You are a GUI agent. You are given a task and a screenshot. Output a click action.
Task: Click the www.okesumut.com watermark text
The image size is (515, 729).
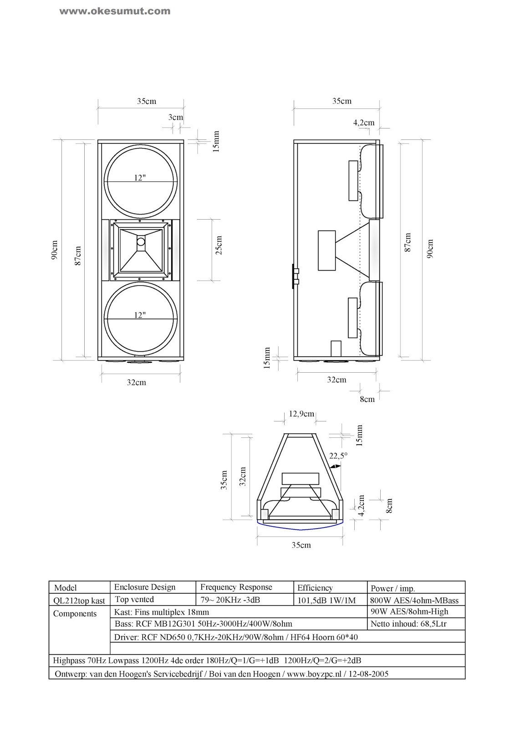pos(115,11)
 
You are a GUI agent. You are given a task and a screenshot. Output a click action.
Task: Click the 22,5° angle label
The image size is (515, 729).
pos(338,455)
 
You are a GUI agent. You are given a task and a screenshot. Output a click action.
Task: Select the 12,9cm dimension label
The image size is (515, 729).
pos(301,414)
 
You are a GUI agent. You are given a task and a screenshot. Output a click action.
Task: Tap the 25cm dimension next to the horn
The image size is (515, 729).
pos(219,245)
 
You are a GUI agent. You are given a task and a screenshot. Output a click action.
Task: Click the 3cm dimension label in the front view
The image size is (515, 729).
pos(175,117)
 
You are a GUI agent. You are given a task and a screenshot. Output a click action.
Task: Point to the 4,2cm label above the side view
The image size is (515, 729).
pos(364,122)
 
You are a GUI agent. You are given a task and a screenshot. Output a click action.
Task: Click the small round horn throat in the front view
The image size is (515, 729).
pos(141,242)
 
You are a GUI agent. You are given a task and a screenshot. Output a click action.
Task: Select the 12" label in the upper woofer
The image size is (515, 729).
pos(140,178)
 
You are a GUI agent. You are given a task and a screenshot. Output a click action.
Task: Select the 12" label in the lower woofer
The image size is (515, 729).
pos(140,315)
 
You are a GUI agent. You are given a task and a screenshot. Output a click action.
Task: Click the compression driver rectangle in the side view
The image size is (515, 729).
pos(326,251)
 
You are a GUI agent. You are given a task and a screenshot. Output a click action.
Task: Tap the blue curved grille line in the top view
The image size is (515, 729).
pos(301,528)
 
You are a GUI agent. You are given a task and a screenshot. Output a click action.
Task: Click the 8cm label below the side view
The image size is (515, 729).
pos(367,399)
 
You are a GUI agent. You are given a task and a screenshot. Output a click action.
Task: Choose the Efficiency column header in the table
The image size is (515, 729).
pos(315,588)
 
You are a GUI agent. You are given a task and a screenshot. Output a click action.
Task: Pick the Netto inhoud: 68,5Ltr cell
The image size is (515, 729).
pos(408,624)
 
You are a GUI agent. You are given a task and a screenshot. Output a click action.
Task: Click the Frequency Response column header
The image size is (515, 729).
pos(236,587)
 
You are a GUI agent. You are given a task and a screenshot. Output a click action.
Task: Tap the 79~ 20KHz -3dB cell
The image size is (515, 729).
pos(230,600)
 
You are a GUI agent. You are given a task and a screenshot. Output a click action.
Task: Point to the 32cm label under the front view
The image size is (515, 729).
pos(136,382)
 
